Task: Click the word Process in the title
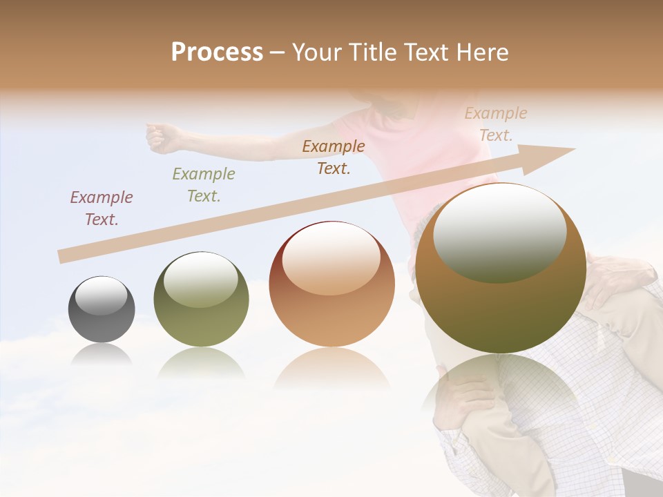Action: [217, 52]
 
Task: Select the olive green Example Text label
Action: [204, 185]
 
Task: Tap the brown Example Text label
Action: [334, 157]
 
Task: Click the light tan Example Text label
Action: [495, 124]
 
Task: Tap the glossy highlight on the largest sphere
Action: [499, 235]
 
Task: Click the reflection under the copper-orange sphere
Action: [331, 369]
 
